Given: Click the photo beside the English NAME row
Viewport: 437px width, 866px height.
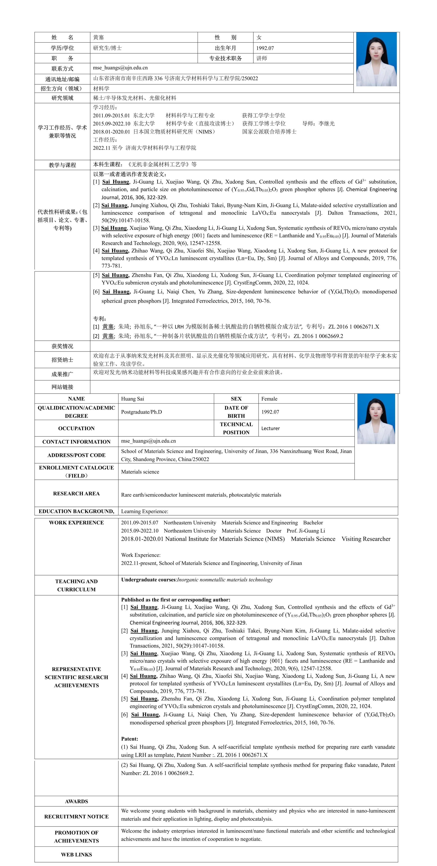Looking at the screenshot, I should point(376,419).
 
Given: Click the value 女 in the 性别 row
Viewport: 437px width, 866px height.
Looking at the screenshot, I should point(259,37).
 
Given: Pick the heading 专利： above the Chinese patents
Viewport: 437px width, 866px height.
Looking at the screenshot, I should point(100,318).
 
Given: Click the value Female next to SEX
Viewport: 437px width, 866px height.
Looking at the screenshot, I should point(269,399).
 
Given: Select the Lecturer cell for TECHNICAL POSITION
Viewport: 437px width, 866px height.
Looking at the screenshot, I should point(270,428).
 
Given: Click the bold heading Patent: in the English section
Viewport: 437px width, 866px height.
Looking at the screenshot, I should point(130,739).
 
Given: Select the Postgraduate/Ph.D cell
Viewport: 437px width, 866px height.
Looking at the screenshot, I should point(141,412).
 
